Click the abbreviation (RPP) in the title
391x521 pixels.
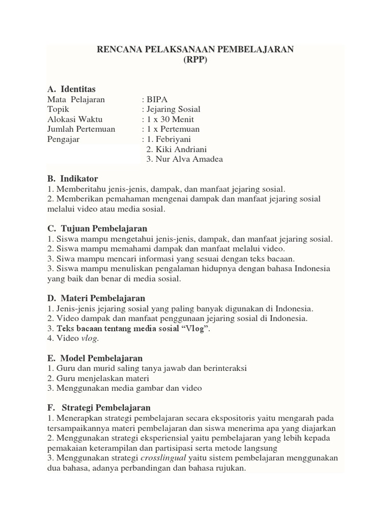coord(195,60)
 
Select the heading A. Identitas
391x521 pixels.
coord(71,89)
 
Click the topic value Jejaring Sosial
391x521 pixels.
coord(173,109)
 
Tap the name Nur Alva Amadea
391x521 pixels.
coord(184,159)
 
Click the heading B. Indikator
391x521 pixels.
coord(72,179)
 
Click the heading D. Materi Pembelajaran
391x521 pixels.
coord(96,298)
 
